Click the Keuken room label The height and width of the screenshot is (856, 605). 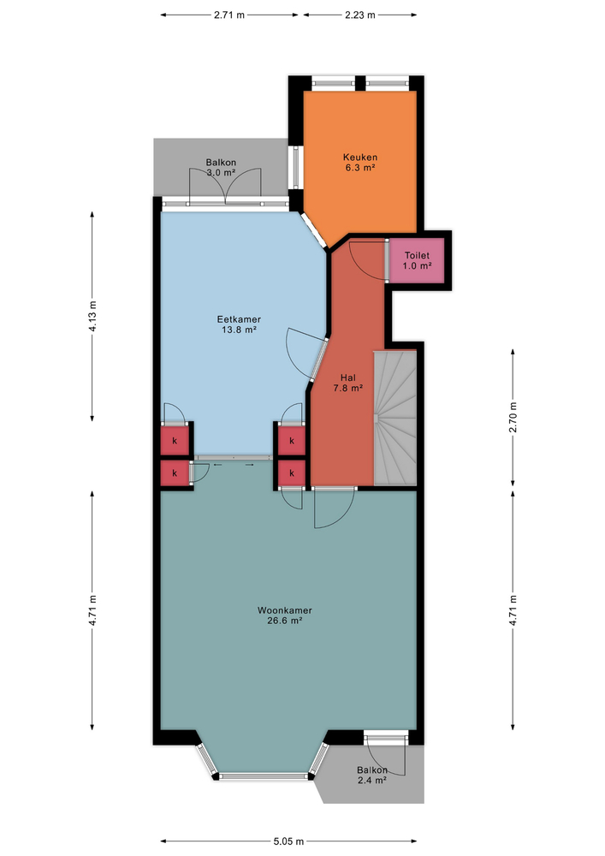(360, 163)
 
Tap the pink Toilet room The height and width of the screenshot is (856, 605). (416, 260)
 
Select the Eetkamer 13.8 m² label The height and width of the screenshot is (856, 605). (239, 324)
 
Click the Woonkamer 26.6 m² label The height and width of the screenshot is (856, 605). (284, 615)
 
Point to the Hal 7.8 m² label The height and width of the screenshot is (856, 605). (347, 382)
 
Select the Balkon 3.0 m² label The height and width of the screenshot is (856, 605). (221, 167)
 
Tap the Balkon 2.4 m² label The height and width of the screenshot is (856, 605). (372, 775)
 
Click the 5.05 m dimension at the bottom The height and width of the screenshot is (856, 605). (294, 841)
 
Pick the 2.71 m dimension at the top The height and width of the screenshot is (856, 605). (230, 15)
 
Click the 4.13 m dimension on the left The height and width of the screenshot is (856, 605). (92, 317)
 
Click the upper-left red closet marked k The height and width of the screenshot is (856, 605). (175, 441)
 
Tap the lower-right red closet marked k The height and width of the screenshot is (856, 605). (292, 473)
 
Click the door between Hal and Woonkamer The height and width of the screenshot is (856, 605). (334, 508)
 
